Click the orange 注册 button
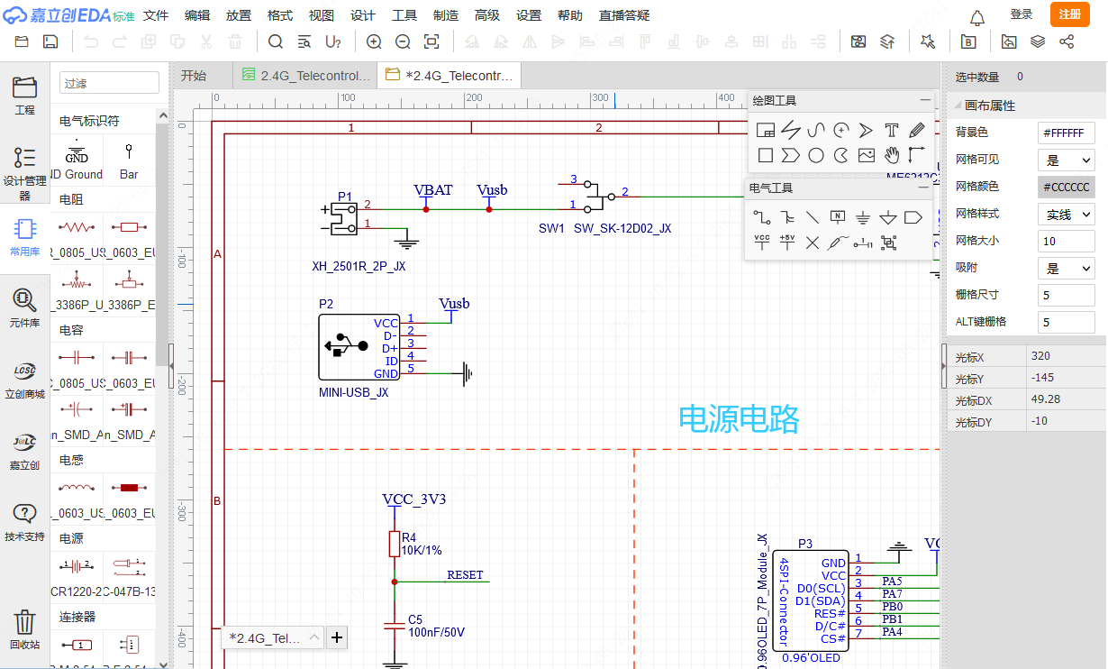[x=1069, y=14]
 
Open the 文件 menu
[x=156, y=15]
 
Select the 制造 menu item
[x=445, y=15]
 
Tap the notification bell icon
[x=977, y=17]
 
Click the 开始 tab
[x=194, y=76]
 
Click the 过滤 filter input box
[x=109, y=83]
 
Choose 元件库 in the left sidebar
[x=24, y=307]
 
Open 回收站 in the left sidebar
[x=24, y=628]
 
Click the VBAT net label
[x=432, y=190]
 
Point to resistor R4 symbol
[x=394, y=544]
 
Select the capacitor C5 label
[x=415, y=619]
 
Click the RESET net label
[x=465, y=575]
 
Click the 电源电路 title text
[x=739, y=418]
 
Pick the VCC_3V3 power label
[x=413, y=499]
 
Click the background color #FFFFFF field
[x=1067, y=133]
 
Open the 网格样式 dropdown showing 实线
[x=1068, y=215]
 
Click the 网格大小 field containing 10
[x=1067, y=242]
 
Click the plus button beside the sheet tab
[x=337, y=638]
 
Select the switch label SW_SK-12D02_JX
[x=622, y=229]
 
